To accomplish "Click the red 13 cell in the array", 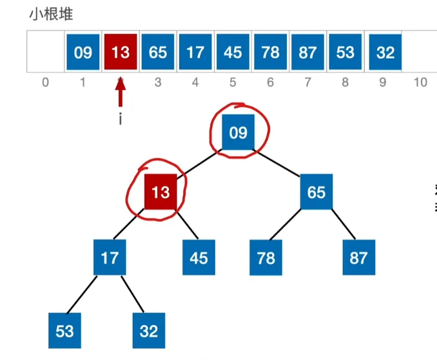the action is click(121, 52).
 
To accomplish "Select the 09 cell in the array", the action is click(83, 52).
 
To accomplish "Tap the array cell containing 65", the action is click(158, 52).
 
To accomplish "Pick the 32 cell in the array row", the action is click(385, 52).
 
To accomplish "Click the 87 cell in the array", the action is click(307, 52).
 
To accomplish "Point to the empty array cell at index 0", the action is click(46, 52).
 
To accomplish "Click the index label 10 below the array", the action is click(420, 83).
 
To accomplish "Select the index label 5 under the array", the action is click(233, 83).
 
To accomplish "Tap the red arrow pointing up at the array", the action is click(121, 92).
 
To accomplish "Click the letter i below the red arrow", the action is click(121, 119).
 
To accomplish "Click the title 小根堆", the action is click(52, 14).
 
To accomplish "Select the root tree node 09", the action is click(238, 132).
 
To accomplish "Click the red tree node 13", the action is click(160, 192).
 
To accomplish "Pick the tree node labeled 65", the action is click(316, 192).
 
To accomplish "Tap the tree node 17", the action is click(110, 257).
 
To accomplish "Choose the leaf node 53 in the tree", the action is click(64, 331).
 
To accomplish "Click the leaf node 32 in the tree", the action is click(149, 331).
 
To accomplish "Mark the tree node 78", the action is click(266, 257).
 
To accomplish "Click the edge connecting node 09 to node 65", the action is click(277, 163).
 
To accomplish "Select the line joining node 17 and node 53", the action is click(82, 294).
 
